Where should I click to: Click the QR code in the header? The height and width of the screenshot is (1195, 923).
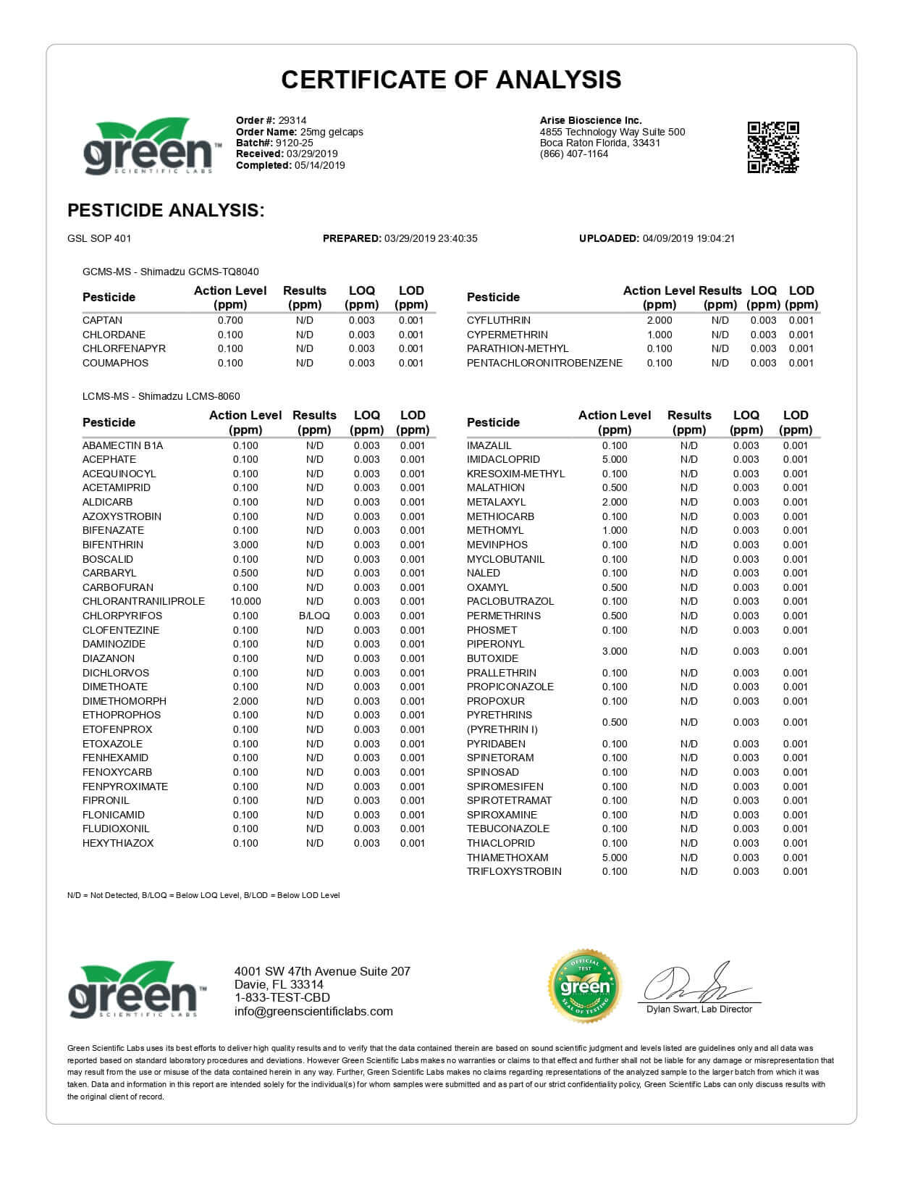[772, 148]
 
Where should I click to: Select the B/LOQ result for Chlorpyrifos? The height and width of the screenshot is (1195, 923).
[314, 616]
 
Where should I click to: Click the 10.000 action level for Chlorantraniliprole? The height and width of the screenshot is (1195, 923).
[245, 601]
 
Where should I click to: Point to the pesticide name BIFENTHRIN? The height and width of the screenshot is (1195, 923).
[112, 545]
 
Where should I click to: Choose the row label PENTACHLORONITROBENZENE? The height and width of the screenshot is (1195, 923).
[544, 363]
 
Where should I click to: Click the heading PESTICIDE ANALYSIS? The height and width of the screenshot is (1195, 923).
[166, 211]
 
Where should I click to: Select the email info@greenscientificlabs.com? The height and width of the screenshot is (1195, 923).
[313, 1012]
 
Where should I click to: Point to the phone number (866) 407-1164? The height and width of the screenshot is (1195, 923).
[574, 154]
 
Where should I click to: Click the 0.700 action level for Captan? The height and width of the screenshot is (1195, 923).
[230, 320]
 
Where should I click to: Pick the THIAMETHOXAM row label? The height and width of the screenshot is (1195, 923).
[507, 858]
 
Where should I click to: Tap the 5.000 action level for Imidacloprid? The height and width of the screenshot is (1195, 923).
[615, 459]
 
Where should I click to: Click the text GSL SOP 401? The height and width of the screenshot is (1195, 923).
[99, 238]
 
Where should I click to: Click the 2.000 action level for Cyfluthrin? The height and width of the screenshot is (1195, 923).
[659, 320]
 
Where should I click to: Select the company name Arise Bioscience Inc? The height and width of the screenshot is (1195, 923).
[591, 120]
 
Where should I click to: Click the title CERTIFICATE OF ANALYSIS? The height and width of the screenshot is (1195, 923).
[451, 80]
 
